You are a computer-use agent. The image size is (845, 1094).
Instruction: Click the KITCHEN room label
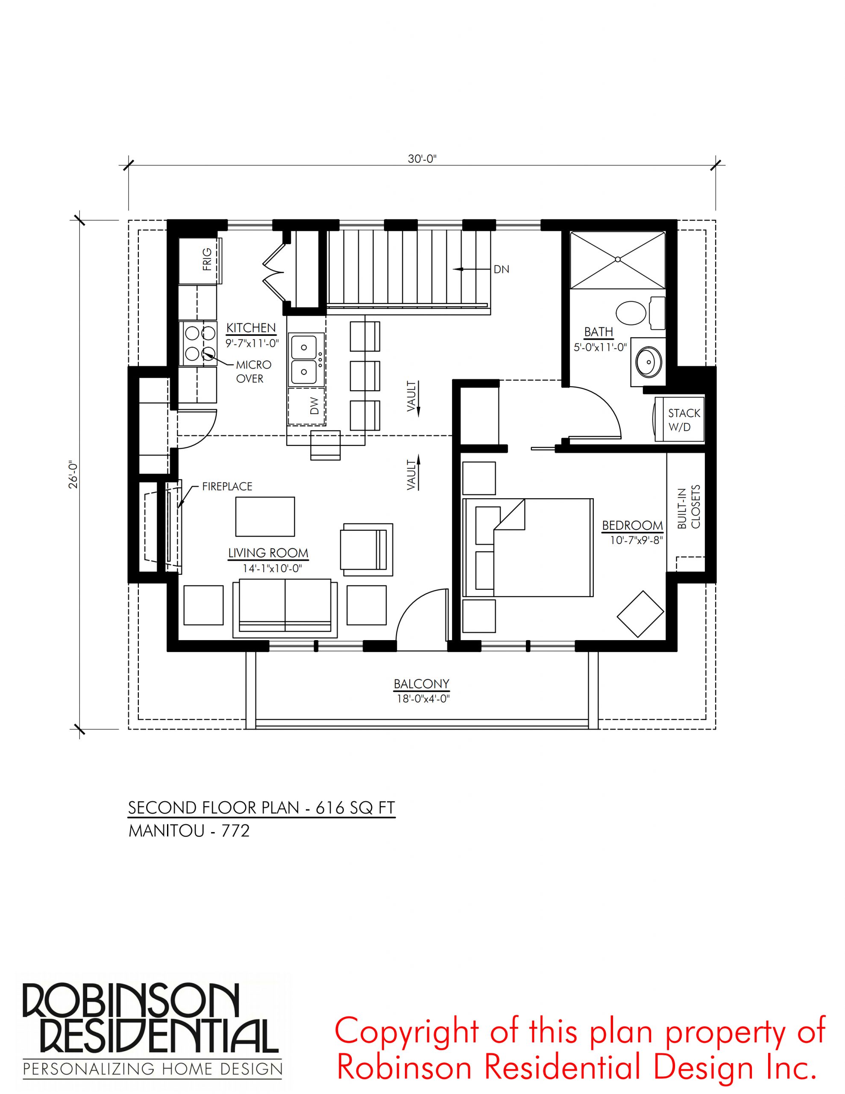[251, 328]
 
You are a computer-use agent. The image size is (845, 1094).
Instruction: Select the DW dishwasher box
[306, 405]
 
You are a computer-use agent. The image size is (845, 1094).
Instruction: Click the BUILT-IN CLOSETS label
[689, 506]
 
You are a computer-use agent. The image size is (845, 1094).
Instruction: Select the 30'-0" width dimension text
[422, 159]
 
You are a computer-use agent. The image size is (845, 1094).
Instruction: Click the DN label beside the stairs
[502, 270]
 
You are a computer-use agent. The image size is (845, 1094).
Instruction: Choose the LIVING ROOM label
[268, 553]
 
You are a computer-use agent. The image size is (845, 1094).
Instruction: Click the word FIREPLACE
[227, 486]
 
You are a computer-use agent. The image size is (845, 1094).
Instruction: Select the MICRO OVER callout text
[253, 372]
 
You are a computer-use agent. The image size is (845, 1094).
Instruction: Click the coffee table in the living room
[265, 516]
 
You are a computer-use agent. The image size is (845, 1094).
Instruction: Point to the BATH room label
[599, 332]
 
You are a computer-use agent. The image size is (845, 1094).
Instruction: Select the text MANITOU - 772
[189, 831]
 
